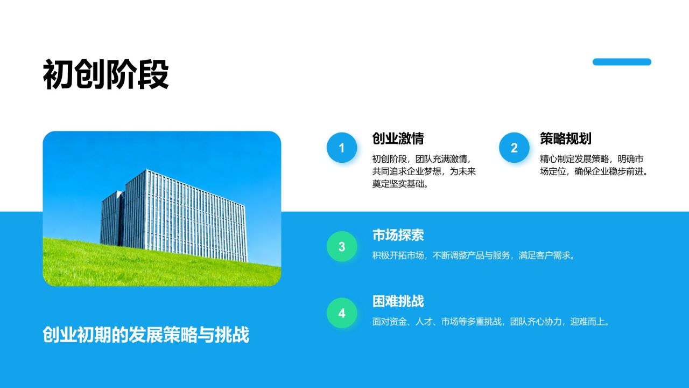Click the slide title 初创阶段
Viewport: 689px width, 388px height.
(x=106, y=75)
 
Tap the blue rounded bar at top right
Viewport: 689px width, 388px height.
(x=622, y=62)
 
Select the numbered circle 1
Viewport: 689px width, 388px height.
(x=341, y=148)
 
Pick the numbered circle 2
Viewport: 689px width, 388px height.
(x=514, y=148)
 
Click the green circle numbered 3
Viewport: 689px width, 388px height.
(x=341, y=247)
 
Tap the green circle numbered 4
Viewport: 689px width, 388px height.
(x=341, y=313)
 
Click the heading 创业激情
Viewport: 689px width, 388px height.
(x=398, y=138)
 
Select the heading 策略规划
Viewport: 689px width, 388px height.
(x=565, y=138)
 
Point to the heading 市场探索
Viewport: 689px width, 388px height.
(x=398, y=235)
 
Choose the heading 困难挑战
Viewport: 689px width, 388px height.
(x=398, y=301)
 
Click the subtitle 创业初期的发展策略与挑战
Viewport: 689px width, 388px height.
(x=146, y=335)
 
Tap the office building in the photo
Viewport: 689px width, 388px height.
(x=178, y=216)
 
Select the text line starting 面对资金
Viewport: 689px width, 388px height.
(x=491, y=322)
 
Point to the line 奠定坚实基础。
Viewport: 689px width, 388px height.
(x=400, y=184)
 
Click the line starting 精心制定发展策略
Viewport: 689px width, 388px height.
(x=592, y=159)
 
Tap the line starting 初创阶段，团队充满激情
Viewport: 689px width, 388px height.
(x=421, y=159)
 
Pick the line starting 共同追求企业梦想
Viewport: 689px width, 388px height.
(x=424, y=172)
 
